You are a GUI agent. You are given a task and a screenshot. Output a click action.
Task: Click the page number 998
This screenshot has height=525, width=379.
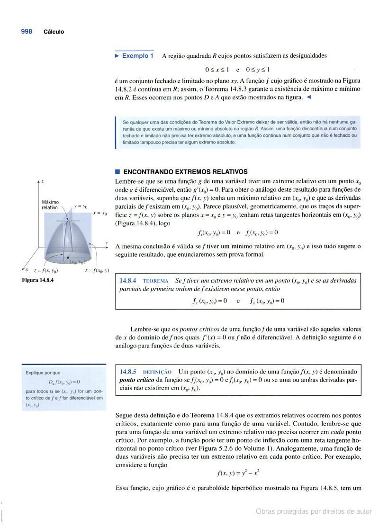pyautogui.click(x=27, y=31)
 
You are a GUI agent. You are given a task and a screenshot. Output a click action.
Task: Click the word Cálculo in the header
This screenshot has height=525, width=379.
pyautogui.click(x=54, y=32)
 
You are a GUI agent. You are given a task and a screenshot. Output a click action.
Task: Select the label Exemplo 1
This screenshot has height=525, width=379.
pyautogui.click(x=137, y=56)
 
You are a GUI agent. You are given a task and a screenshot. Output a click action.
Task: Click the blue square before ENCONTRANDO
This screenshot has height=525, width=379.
pyautogui.click(x=118, y=172)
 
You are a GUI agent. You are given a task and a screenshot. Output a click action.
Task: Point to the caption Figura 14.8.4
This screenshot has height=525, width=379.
pyautogui.click(x=38, y=280)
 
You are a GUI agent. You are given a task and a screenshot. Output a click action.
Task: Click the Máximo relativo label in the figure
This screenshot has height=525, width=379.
pyautogui.click(x=50, y=205)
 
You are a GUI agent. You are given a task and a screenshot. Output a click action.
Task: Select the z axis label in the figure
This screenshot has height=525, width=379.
pyautogui.click(x=42, y=181)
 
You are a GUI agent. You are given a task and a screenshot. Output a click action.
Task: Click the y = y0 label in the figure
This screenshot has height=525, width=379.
pyautogui.click(x=81, y=206)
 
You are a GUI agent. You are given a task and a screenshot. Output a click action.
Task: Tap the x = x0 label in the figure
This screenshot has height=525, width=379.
pyautogui.click(x=100, y=214)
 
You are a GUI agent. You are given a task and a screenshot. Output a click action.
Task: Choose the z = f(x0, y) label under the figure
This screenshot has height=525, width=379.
pyautogui.click(x=97, y=271)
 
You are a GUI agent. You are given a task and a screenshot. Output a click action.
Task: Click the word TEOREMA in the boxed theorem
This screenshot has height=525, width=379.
pyautogui.click(x=155, y=281)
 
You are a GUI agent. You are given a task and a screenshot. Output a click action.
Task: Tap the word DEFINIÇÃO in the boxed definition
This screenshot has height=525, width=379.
pyautogui.click(x=157, y=373)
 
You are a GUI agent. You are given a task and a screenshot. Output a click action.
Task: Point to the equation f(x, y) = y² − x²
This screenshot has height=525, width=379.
pyautogui.click(x=238, y=473)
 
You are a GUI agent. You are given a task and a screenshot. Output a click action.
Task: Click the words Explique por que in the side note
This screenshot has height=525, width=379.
pyautogui.click(x=43, y=373)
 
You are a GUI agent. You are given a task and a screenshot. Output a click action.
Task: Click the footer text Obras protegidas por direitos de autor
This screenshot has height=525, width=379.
pyautogui.click(x=314, y=511)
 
